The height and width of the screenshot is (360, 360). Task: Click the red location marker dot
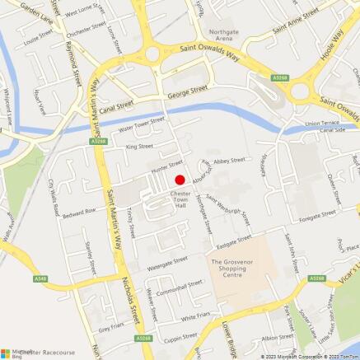click(179, 180)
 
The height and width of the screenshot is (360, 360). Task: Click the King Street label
click(139, 147)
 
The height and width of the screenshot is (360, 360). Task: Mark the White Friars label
click(198, 316)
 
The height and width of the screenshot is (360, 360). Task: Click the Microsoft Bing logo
click(12, 352)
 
